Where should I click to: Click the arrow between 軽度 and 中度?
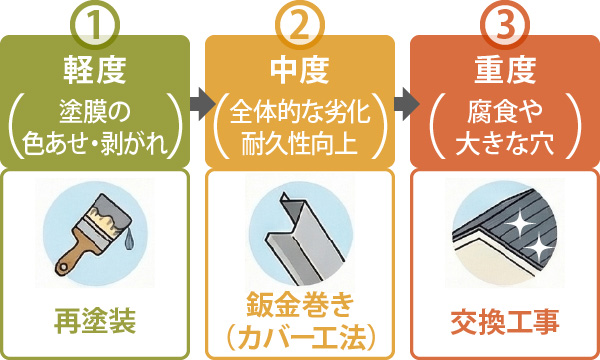[x=197, y=100]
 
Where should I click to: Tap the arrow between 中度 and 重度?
[x=403, y=100]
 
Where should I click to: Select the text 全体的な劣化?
[x=299, y=112]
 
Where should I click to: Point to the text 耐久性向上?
[x=299, y=140]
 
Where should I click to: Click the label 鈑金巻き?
[x=299, y=304]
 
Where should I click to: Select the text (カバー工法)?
[x=299, y=334]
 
